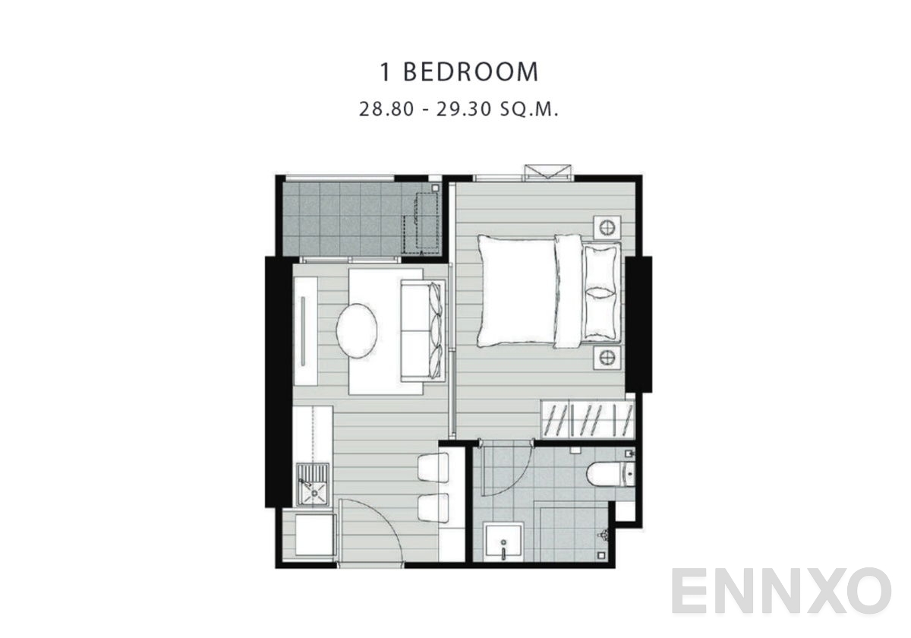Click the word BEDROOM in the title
(x=471, y=72)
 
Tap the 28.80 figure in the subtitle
(x=386, y=109)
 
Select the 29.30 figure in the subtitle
(x=459, y=109)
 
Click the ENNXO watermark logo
(x=782, y=592)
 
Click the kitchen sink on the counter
(x=314, y=485)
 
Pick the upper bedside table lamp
(x=606, y=226)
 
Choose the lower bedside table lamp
(x=606, y=356)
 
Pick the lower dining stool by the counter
(x=433, y=507)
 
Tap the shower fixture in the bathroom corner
(x=604, y=534)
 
